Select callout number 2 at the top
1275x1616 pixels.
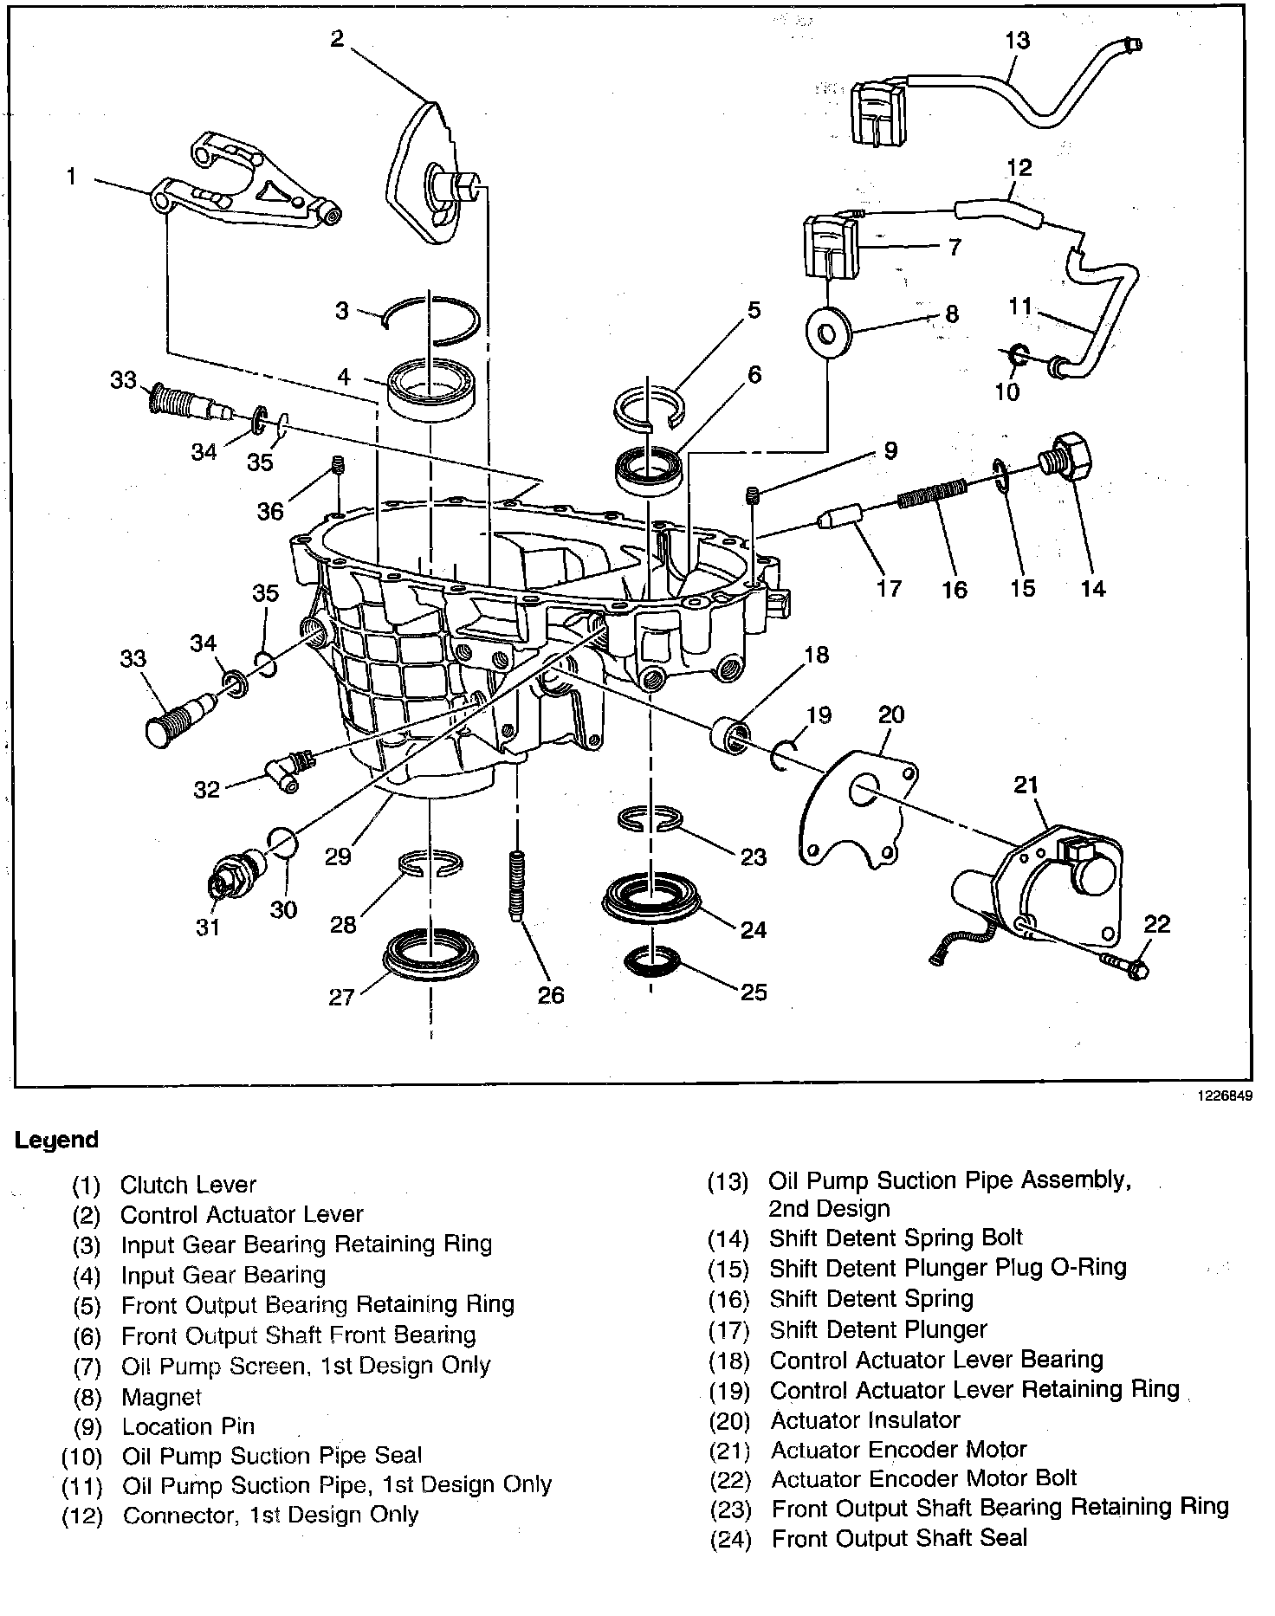(x=337, y=39)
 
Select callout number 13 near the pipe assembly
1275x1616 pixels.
(x=1018, y=40)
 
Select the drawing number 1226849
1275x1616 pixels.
(x=1225, y=1095)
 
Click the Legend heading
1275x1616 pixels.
(x=57, y=1140)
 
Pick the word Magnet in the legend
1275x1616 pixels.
(x=160, y=1397)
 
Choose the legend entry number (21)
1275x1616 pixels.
(x=730, y=1451)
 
